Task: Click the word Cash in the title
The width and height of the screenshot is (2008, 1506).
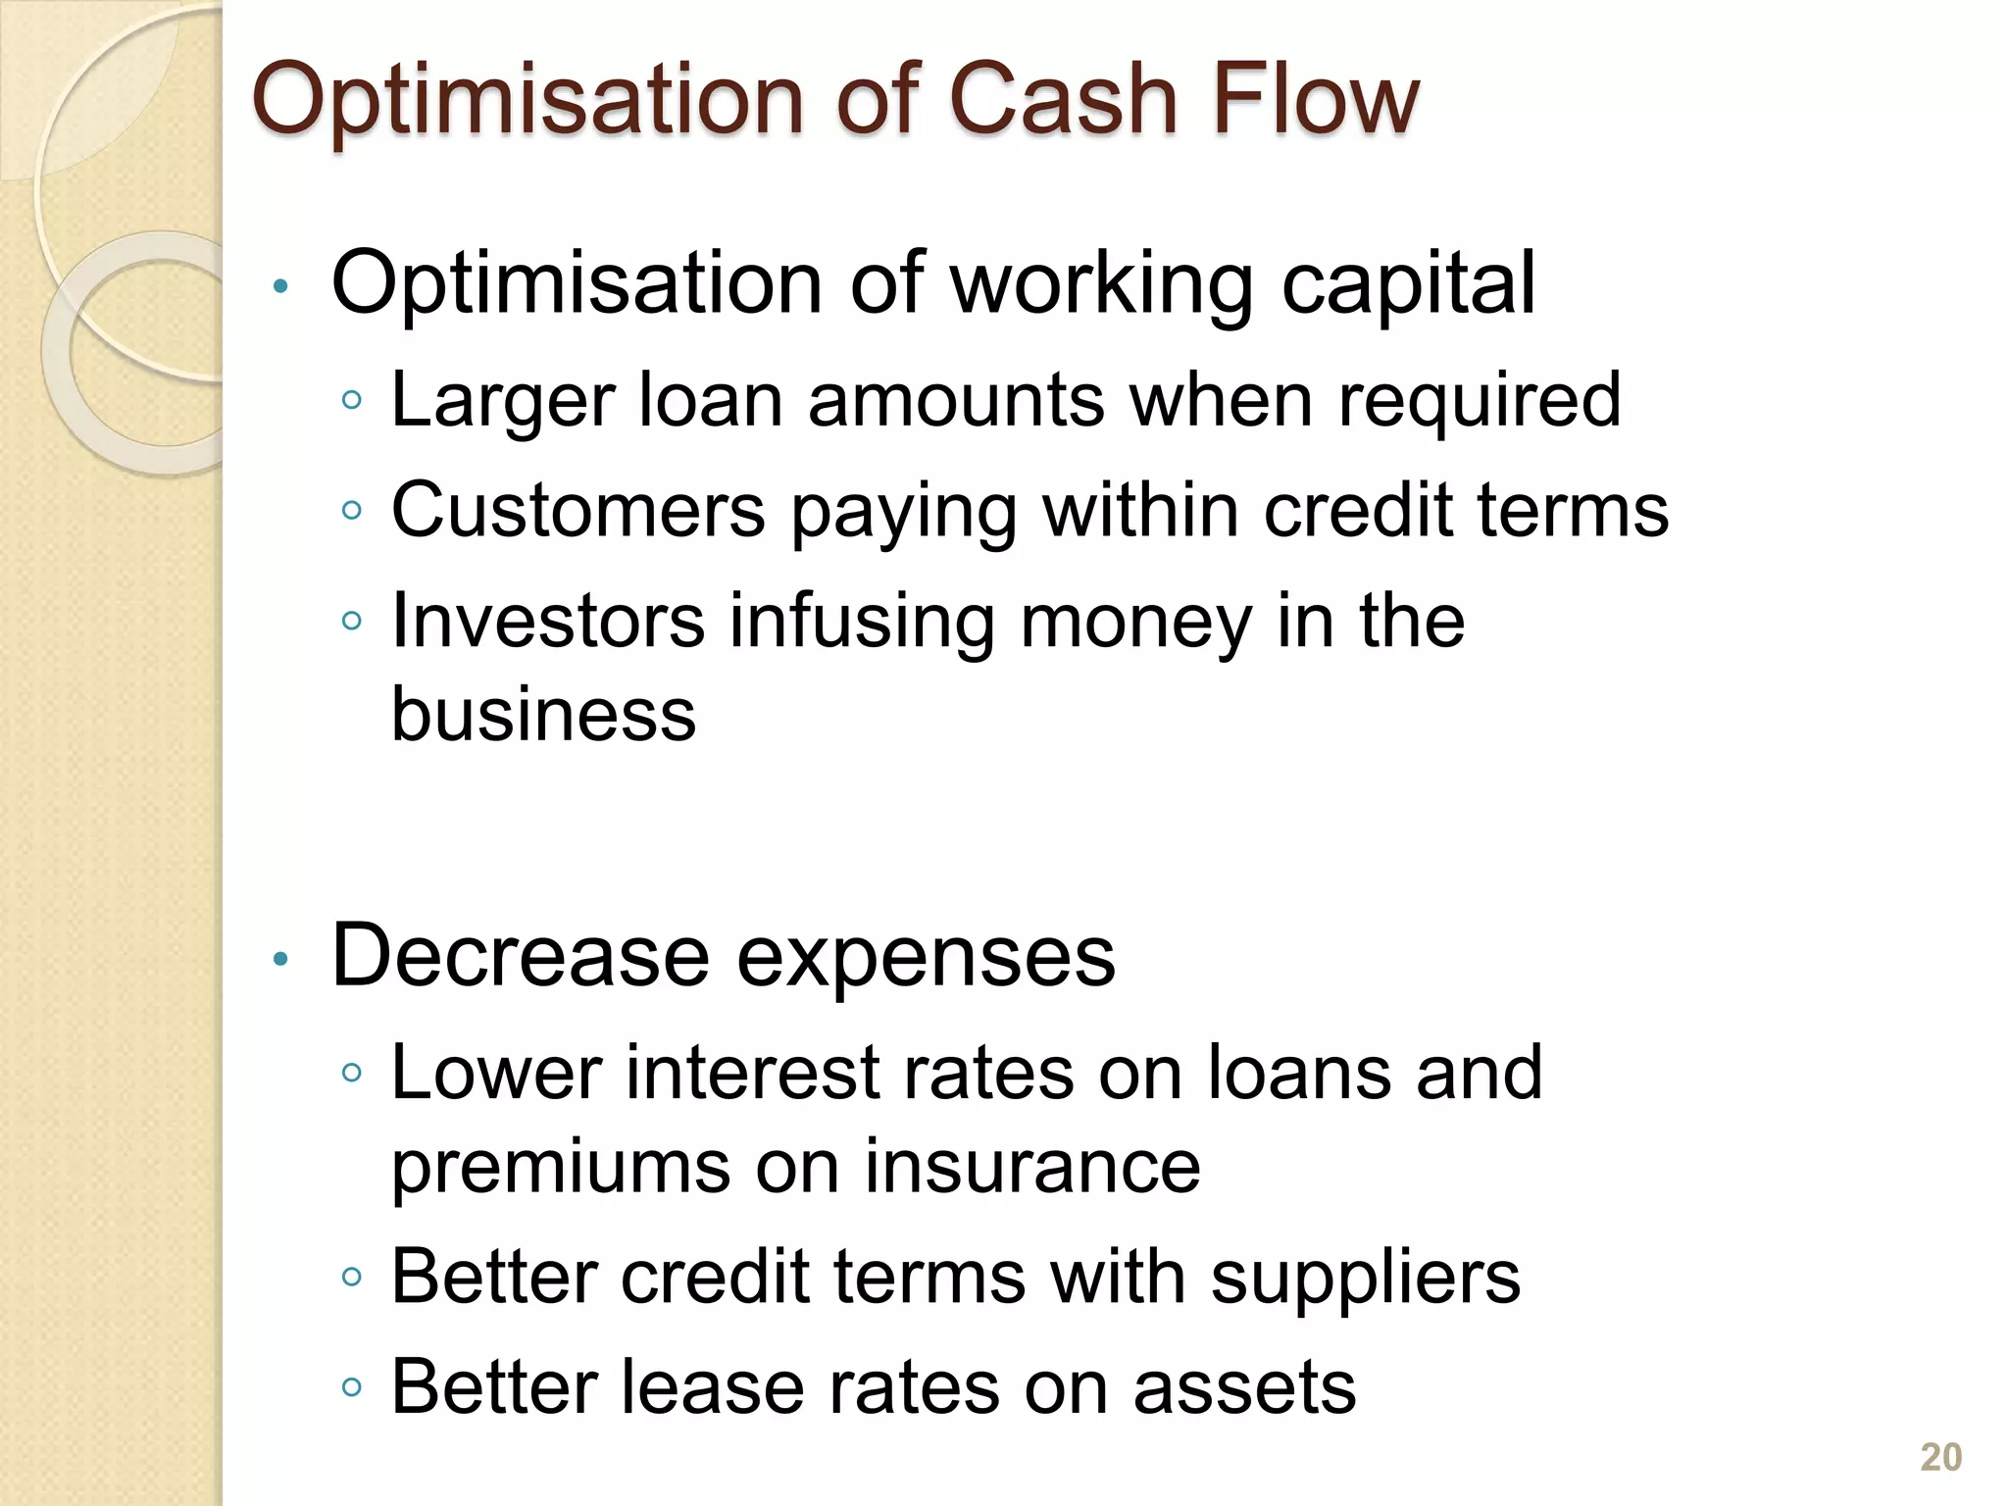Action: (1064, 100)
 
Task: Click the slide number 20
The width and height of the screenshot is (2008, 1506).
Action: (1940, 1457)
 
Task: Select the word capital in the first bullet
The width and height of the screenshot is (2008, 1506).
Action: (1408, 285)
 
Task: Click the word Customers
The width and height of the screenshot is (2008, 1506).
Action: (577, 510)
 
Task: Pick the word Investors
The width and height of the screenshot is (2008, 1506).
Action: (547, 621)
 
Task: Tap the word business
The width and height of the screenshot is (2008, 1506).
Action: (543, 714)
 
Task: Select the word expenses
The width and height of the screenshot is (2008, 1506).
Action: (926, 959)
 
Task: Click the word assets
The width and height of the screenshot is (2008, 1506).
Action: (1244, 1388)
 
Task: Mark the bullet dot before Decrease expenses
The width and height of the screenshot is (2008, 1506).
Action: (280, 960)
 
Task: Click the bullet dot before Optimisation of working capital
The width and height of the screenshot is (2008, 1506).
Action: (280, 287)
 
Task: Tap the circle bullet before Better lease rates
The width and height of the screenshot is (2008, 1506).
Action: (353, 1388)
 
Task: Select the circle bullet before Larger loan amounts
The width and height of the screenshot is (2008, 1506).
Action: (353, 400)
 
